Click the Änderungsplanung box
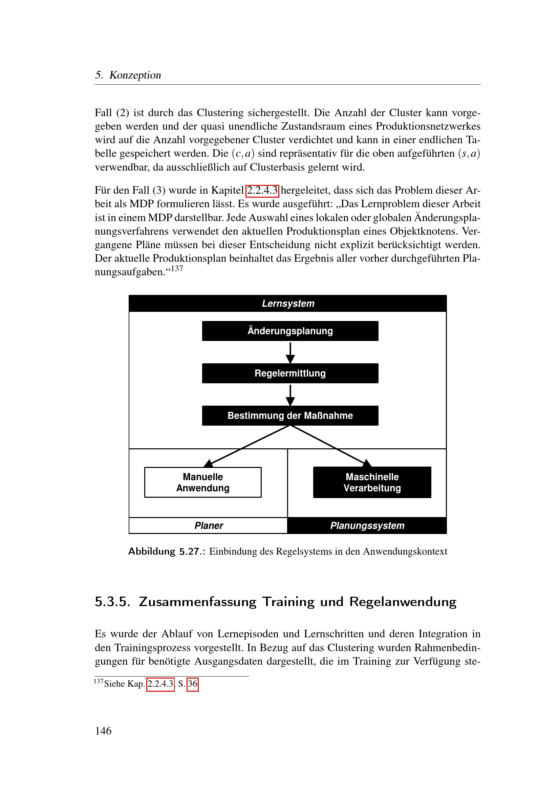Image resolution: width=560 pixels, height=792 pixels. (x=290, y=331)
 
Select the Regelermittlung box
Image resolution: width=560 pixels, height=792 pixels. (x=290, y=373)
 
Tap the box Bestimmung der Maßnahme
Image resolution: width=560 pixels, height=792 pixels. (x=290, y=416)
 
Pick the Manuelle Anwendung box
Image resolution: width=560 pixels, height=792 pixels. (x=203, y=482)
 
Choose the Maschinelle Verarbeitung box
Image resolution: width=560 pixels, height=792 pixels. (x=372, y=482)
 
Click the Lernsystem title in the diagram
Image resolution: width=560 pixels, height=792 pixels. (x=288, y=303)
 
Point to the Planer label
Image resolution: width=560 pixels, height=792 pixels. (x=209, y=526)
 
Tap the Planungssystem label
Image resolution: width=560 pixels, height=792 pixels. (x=367, y=526)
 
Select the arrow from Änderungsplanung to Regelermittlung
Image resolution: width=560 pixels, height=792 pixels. (x=290, y=352)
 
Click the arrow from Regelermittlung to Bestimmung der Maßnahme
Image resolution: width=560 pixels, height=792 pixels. (x=290, y=395)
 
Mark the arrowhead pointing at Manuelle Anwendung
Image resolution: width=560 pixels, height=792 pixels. (x=209, y=463)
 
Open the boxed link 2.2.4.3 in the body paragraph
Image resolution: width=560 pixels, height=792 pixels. (x=262, y=190)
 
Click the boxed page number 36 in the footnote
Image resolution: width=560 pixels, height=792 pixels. (x=192, y=684)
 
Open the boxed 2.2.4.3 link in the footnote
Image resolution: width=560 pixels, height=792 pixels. (x=160, y=684)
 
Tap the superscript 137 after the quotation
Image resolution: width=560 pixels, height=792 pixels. (x=177, y=269)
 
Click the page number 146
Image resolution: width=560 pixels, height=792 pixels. (x=103, y=731)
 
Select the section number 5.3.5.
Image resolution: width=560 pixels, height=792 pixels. (x=112, y=602)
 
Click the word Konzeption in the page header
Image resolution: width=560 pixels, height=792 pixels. (x=135, y=75)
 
